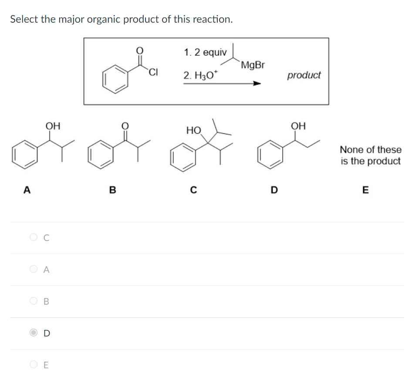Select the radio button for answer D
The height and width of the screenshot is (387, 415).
click(34, 333)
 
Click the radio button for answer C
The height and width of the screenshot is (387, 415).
click(34, 238)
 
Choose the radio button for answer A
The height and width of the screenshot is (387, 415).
click(34, 269)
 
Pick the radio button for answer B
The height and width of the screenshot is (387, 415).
click(34, 301)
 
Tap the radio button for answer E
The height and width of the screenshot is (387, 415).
click(34, 365)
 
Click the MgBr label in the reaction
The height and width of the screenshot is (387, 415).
click(252, 65)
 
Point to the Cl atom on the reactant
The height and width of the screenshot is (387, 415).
click(152, 72)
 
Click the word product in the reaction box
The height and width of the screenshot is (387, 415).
click(304, 75)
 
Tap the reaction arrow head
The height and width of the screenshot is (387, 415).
click(257, 84)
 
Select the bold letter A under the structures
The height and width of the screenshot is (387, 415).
click(27, 190)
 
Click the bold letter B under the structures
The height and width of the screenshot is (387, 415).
click(112, 190)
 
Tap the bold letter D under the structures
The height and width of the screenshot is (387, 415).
click(273, 190)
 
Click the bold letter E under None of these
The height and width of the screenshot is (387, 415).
click(365, 190)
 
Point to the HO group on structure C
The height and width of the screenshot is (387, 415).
click(193, 130)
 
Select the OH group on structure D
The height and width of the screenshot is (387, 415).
click(298, 126)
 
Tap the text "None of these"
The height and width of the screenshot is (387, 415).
click(371, 149)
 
